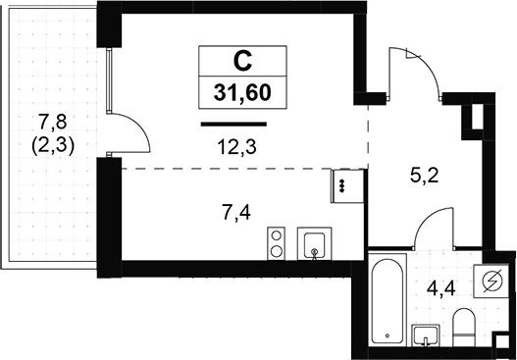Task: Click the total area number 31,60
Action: click(x=242, y=92)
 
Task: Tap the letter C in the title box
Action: click(x=242, y=62)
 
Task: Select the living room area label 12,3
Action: click(x=236, y=147)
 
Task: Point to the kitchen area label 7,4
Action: click(x=236, y=213)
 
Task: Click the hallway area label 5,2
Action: click(x=425, y=176)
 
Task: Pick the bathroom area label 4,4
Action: click(x=440, y=289)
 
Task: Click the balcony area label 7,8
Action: click(x=53, y=121)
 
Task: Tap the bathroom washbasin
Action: click(x=426, y=335)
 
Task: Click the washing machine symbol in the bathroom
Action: click(x=491, y=282)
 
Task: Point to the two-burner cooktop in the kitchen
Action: click(x=276, y=243)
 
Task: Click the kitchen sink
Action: click(x=314, y=243)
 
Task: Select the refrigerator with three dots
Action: click(x=347, y=186)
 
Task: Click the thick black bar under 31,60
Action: click(x=233, y=124)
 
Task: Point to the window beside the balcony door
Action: click(x=109, y=81)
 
